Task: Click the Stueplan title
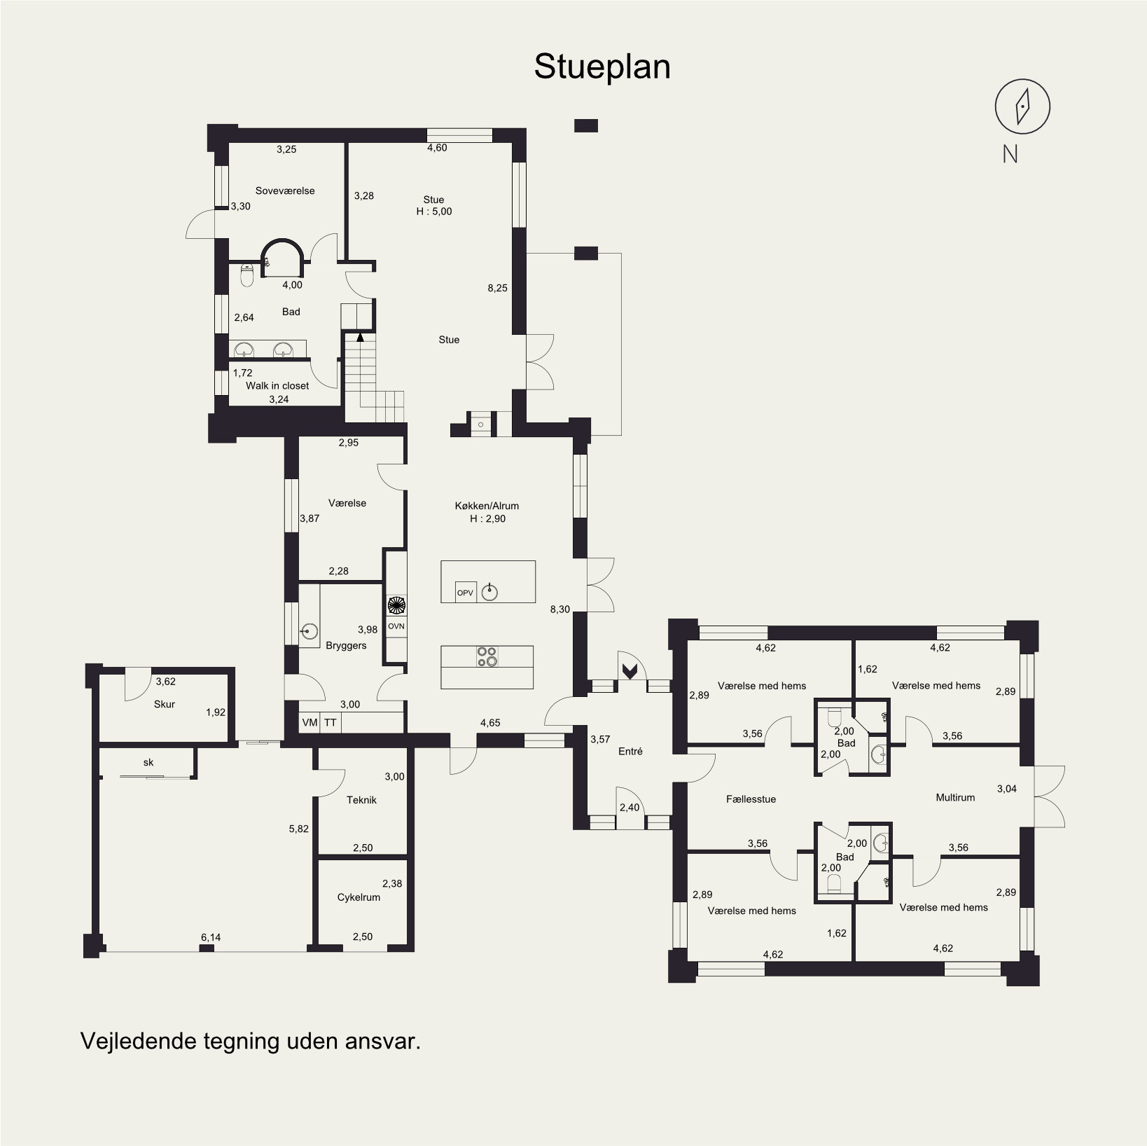pyautogui.click(x=602, y=67)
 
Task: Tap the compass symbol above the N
pyautogui.click(x=1022, y=106)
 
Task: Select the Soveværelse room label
pyautogui.click(x=285, y=191)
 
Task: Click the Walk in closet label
pyautogui.click(x=277, y=385)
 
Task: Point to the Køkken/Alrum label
pyautogui.click(x=487, y=506)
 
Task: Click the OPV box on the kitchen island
pyautogui.click(x=465, y=592)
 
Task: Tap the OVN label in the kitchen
pyautogui.click(x=396, y=626)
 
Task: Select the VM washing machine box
pyautogui.click(x=310, y=723)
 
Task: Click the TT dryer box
pyautogui.click(x=331, y=723)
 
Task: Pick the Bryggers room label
pyautogui.click(x=346, y=645)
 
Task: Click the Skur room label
pyautogui.click(x=165, y=704)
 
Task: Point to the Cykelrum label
pyautogui.click(x=359, y=897)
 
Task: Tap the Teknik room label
pyautogui.click(x=361, y=800)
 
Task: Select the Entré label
pyautogui.click(x=630, y=751)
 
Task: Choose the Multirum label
pyautogui.click(x=955, y=797)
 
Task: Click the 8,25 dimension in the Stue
pyautogui.click(x=497, y=287)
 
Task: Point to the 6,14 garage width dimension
pyautogui.click(x=211, y=937)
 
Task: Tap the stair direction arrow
pyautogui.click(x=361, y=336)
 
